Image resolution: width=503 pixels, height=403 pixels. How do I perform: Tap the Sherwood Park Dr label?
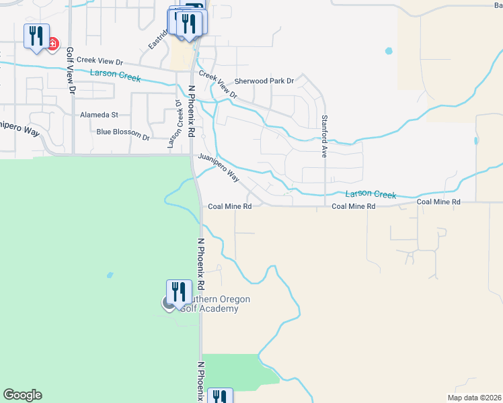[264, 81]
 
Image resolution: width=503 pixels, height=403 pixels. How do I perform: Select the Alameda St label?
[99, 115]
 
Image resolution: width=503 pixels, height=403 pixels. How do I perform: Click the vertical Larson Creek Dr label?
[180, 124]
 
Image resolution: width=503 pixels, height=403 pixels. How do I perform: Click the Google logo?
[22, 395]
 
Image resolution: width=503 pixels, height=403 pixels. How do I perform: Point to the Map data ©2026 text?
[474, 398]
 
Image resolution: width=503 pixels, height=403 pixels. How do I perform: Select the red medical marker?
[52, 44]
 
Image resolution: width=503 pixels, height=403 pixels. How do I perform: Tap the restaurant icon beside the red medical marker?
[36, 36]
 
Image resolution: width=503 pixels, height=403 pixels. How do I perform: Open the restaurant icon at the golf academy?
[178, 292]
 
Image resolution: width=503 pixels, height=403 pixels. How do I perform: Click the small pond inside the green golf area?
[109, 275]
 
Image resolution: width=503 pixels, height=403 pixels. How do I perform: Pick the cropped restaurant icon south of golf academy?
[219, 396]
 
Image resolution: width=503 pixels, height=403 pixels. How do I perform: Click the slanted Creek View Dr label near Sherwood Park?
[218, 85]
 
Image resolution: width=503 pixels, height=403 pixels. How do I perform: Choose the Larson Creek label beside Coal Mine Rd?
[371, 194]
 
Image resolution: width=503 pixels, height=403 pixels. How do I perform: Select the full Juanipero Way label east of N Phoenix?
[219, 167]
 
